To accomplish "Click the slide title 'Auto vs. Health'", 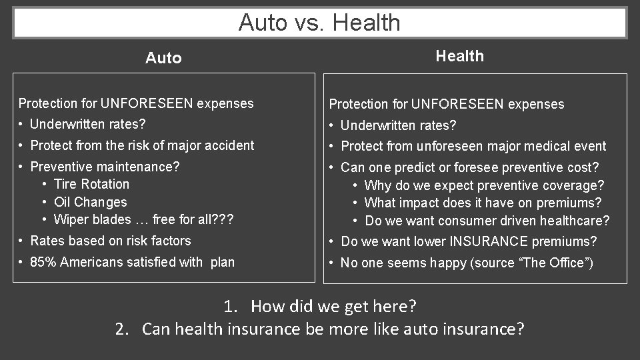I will point(319,23).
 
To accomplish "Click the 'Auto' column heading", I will point(163,58).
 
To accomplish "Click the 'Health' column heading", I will point(459,56).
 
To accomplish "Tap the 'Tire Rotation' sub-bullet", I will point(91,184).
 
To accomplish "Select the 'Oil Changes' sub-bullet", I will point(90,202).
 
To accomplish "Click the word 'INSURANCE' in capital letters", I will point(483,241).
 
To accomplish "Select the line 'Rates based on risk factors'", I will point(111,241).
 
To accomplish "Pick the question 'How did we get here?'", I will point(333,307).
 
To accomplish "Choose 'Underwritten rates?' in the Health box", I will point(398,125).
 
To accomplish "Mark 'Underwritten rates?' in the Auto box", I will point(88,124).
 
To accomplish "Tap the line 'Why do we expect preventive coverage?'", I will point(485,185).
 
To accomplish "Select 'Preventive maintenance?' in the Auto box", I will point(105,166).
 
